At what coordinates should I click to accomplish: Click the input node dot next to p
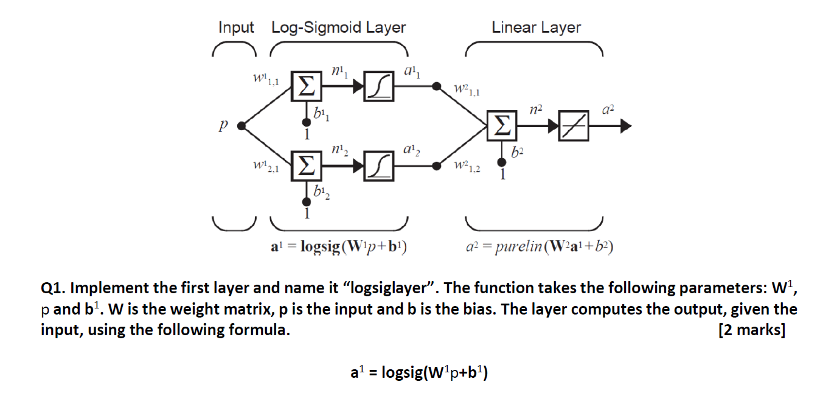pos(241,126)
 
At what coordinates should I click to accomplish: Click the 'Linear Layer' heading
pos(536,27)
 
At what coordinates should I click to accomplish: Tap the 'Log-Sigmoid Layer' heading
pos(338,27)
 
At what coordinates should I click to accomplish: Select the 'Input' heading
pos(236,27)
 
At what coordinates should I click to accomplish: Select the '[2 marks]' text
pos(751,330)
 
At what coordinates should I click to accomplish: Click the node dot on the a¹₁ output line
pos(436,87)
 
